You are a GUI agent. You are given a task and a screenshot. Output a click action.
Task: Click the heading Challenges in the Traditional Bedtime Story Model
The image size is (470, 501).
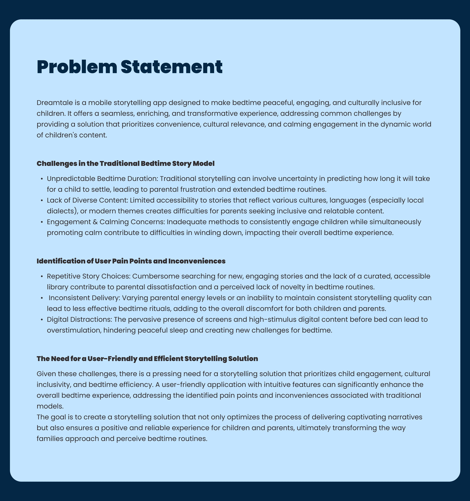click(x=125, y=164)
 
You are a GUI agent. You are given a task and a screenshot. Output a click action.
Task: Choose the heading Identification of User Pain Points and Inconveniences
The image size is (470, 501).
click(x=131, y=261)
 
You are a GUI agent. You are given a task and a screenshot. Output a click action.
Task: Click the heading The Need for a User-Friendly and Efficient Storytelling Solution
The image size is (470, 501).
click(x=147, y=359)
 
